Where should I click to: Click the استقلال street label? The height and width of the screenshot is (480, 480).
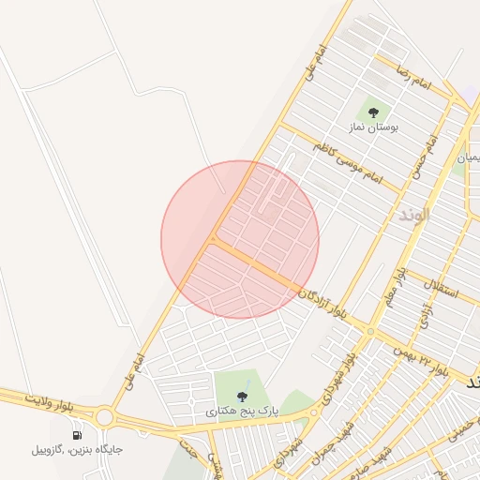pyautogui.click(x=440, y=289)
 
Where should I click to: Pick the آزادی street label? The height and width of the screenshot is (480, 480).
pyautogui.click(x=424, y=315)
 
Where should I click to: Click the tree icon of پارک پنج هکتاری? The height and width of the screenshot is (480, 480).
pyautogui.click(x=244, y=394)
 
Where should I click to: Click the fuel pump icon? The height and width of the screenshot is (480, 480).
pyautogui.click(x=77, y=435)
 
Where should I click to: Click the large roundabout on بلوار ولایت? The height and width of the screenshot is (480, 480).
pyautogui.click(x=102, y=416)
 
